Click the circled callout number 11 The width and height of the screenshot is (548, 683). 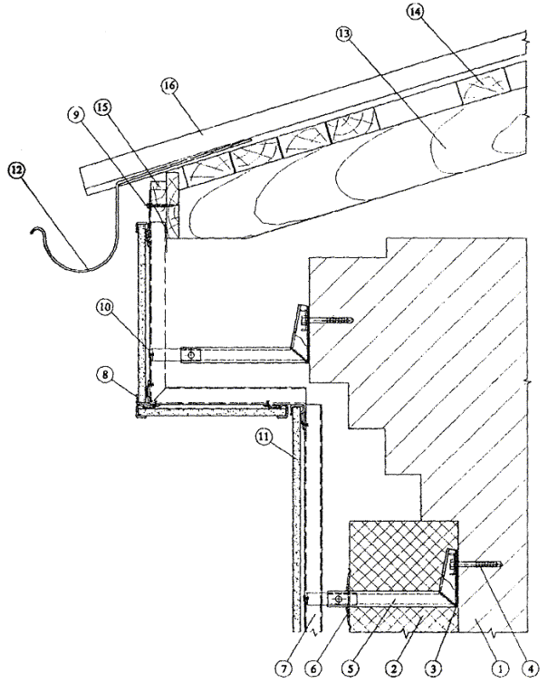click(x=262, y=438)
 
